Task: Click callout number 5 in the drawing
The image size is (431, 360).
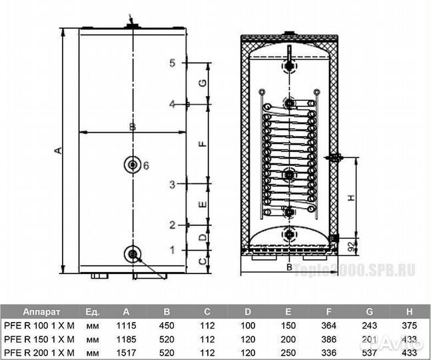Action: point(172,63)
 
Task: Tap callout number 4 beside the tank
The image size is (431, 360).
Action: point(172,105)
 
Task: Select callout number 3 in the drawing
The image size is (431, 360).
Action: point(172,184)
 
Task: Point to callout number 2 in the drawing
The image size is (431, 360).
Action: point(172,225)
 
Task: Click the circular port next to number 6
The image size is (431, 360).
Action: point(132,165)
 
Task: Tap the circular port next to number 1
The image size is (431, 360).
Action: point(133,253)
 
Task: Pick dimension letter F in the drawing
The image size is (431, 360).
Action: point(205,143)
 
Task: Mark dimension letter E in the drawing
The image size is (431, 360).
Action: point(205,204)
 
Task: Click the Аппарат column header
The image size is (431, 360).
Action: point(42,311)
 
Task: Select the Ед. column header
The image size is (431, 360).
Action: point(93,311)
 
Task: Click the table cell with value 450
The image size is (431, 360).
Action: point(167,325)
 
